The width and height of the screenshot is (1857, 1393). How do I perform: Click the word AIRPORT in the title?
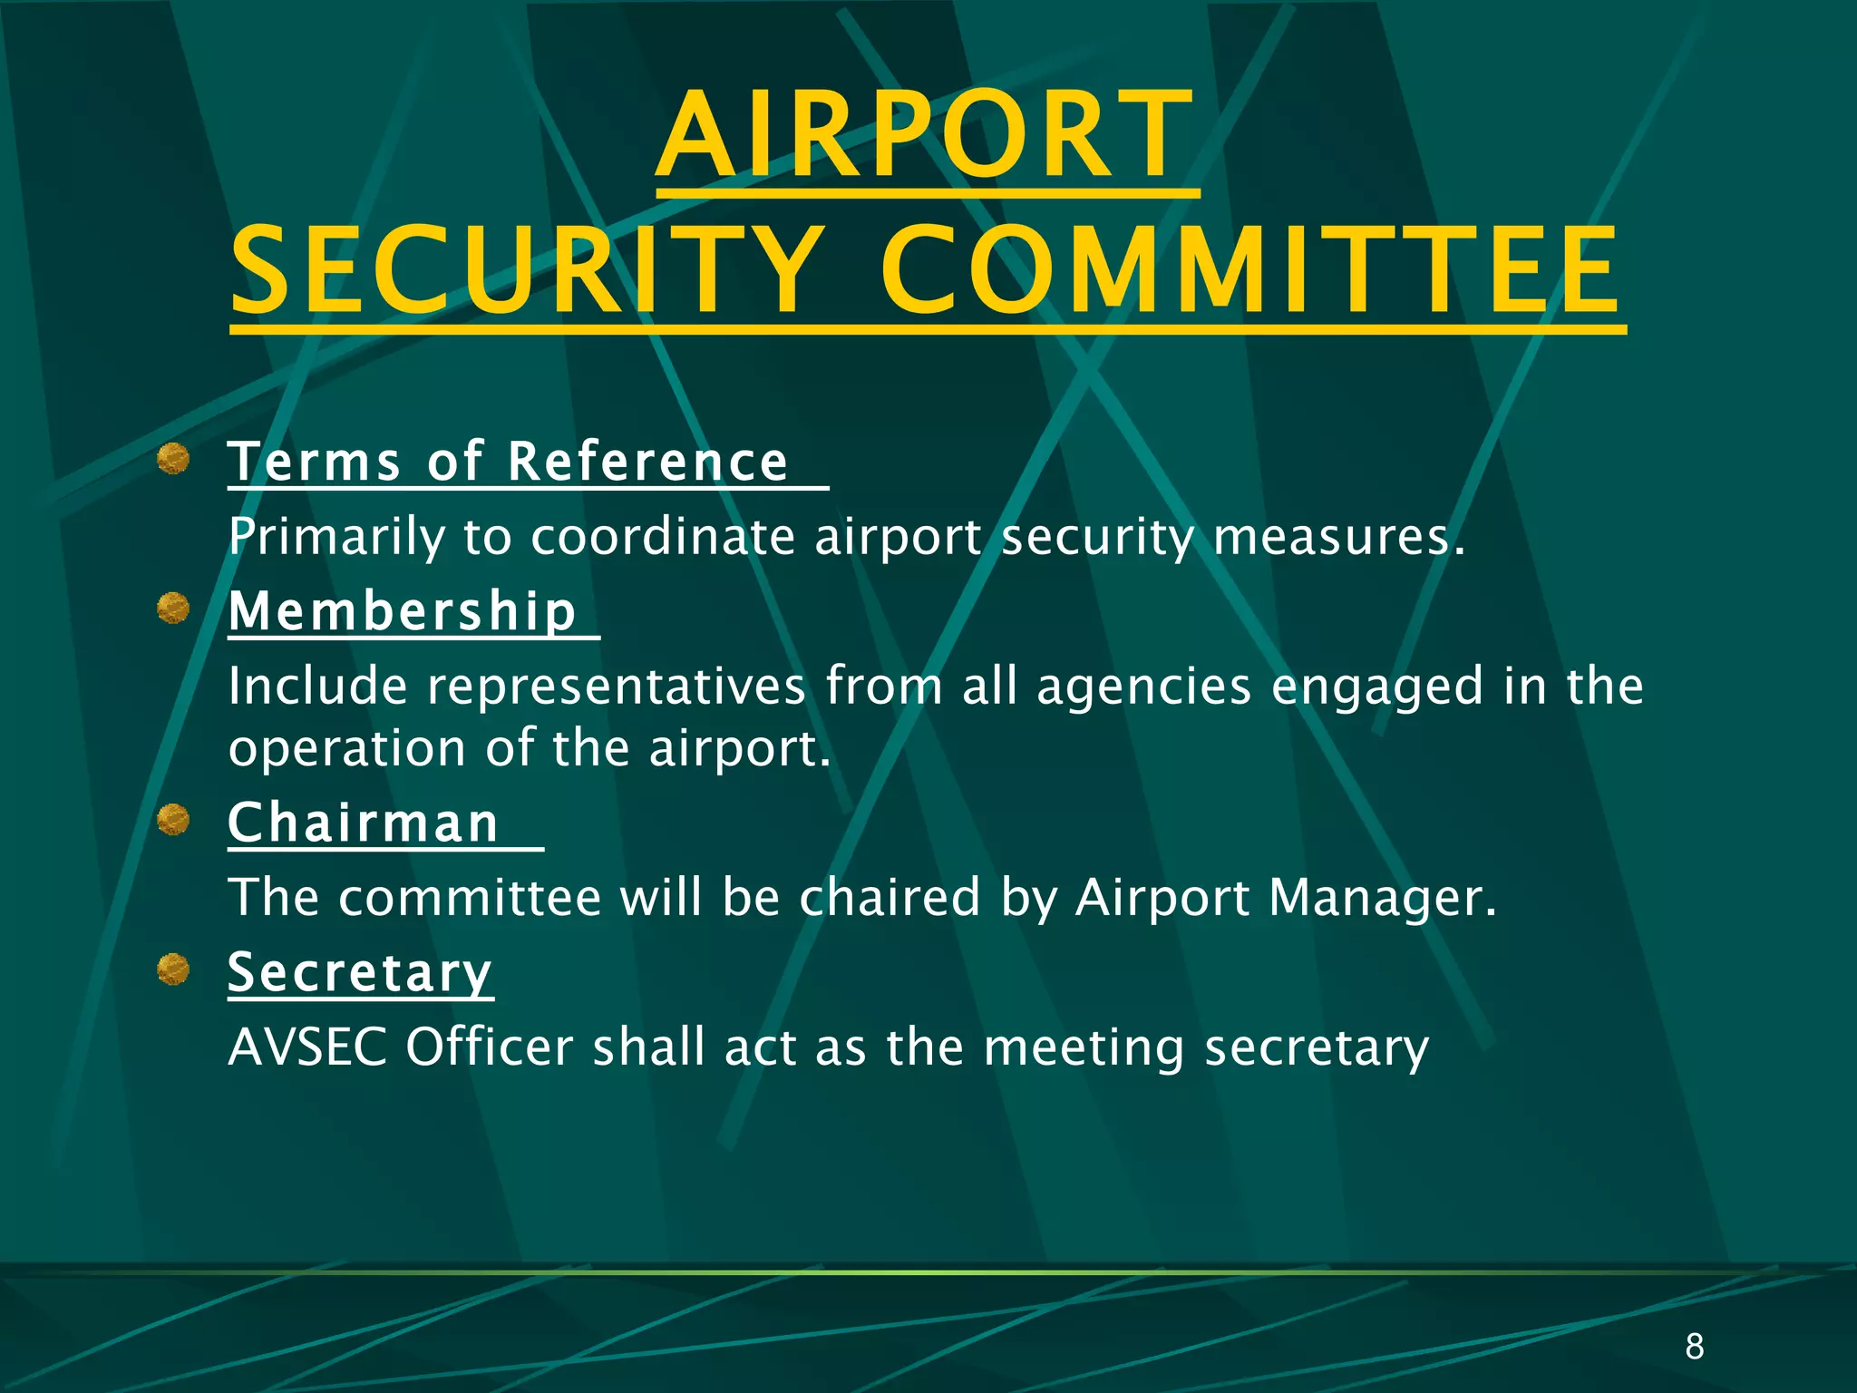(927, 136)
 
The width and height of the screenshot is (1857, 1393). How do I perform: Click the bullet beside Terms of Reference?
(173, 459)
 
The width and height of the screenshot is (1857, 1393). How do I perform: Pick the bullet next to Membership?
(173, 609)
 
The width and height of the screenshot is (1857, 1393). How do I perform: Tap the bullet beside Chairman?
(173, 821)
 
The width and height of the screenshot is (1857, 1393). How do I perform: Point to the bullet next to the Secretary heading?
(173, 970)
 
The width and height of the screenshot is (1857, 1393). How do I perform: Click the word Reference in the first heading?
(647, 462)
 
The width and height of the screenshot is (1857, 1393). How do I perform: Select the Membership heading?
(403, 611)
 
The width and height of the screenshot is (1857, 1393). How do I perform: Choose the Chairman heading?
(364, 823)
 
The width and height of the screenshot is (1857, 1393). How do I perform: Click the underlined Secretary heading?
(360, 973)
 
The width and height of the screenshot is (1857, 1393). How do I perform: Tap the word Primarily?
(336, 537)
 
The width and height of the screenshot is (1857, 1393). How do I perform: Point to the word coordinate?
(663, 537)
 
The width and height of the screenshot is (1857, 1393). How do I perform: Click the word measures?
(1337, 537)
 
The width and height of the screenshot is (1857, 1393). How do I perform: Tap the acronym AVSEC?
(307, 1047)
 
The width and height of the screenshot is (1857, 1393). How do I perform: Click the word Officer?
(490, 1047)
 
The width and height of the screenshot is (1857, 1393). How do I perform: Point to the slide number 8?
(1695, 1347)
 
